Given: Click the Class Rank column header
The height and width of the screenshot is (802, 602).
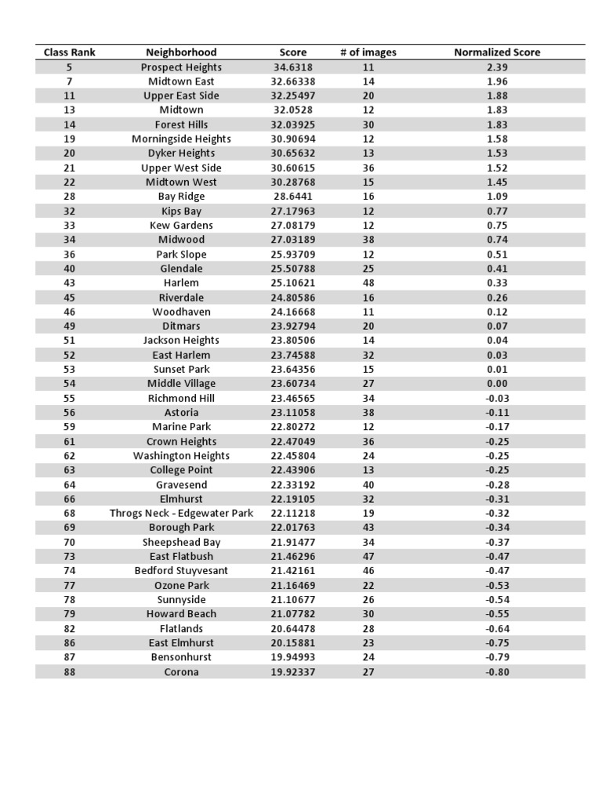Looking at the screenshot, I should (70, 52).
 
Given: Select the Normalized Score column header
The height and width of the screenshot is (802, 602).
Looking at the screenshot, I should (497, 52).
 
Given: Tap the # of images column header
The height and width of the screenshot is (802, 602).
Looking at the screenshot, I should (368, 52).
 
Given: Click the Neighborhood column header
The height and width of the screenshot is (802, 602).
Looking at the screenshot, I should (181, 52).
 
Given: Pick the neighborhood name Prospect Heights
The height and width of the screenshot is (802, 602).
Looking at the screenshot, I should (181, 67).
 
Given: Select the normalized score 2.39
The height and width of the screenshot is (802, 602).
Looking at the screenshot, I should (497, 67).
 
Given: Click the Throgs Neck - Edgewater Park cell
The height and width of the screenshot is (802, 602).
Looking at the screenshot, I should (181, 514).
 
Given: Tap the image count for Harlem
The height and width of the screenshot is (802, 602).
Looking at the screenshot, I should (368, 283).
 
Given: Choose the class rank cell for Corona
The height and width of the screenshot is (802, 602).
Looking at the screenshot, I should (70, 672).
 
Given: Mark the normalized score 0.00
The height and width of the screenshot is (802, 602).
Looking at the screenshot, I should (497, 384).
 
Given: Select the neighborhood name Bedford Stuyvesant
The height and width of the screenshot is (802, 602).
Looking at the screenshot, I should (181, 571).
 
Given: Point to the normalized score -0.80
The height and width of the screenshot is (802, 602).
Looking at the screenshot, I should (497, 672).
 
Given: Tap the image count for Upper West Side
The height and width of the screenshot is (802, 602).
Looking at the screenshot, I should (368, 168).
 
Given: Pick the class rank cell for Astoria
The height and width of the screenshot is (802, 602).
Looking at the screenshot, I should (70, 413).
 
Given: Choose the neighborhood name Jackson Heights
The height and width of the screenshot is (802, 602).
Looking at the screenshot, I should (181, 341).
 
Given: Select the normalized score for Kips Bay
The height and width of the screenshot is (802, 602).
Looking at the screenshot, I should (497, 211).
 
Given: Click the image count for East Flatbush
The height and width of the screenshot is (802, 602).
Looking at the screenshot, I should (368, 557).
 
